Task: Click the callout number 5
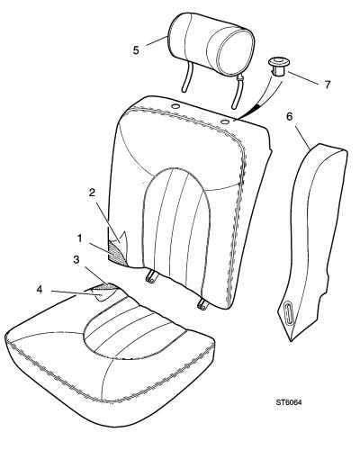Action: [x=136, y=50]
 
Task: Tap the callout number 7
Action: [x=327, y=85]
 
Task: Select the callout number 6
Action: [x=289, y=116]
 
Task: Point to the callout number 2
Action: [x=92, y=193]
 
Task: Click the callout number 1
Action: [x=79, y=238]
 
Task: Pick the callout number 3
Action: [x=76, y=260]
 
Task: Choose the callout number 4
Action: [x=40, y=290]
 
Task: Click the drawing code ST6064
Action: [x=289, y=402]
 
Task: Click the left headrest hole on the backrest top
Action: [x=175, y=106]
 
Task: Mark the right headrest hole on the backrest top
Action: [x=225, y=121]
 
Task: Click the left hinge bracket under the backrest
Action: [x=150, y=277]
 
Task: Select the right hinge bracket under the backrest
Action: [x=202, y=303]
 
